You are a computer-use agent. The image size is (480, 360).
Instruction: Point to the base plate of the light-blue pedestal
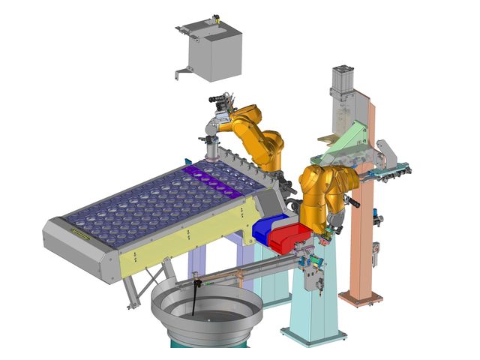pos(312,334)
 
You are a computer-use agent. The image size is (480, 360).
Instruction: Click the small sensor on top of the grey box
pos(214,19)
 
